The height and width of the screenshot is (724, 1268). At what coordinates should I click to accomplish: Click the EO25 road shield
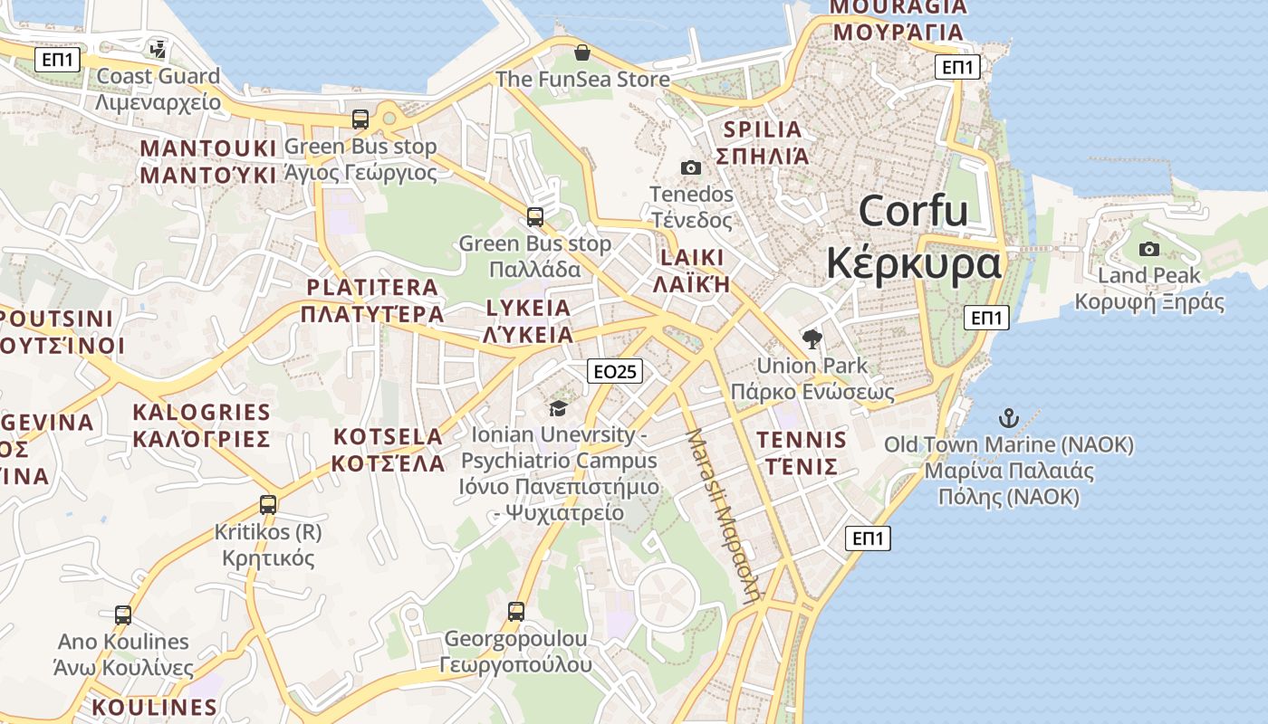[x=614, y=371]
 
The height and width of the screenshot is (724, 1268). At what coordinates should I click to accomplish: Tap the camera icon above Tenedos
[x=690, y=167]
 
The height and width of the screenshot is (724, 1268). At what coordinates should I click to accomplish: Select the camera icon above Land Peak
[x=1148, y=249]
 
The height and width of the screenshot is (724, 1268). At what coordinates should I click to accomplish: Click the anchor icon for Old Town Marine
[x=1008, y=418]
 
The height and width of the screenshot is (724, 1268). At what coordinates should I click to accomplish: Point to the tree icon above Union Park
[x=812, y=339]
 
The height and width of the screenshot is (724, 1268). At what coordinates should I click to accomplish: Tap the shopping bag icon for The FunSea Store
[x=582, y=52]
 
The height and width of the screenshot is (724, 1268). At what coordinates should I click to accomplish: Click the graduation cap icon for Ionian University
[x=558, y=408]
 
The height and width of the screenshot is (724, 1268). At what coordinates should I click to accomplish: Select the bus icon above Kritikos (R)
[x=268, y=504]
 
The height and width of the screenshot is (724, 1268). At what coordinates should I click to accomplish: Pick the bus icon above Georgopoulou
[x=516, y=612]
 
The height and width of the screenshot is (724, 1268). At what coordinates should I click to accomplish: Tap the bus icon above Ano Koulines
[x=123, y=615]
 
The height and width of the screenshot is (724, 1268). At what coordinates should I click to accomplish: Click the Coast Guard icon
[x=158, y=49]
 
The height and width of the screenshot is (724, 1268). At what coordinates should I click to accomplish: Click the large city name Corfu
[x=913, y=211]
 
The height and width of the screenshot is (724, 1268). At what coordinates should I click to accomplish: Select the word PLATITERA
[x=372, y=288]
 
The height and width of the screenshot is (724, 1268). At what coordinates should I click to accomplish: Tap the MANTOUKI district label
[x=207, y=148]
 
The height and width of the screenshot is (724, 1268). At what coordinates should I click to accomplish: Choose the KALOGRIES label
[x=201, y=413]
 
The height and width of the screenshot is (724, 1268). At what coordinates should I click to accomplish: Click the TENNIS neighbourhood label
[x=802, y=441]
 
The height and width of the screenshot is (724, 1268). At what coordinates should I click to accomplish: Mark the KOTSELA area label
[x=387, y=437]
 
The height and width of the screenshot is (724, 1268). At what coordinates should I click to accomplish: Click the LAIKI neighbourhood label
[x=693, y=257]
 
